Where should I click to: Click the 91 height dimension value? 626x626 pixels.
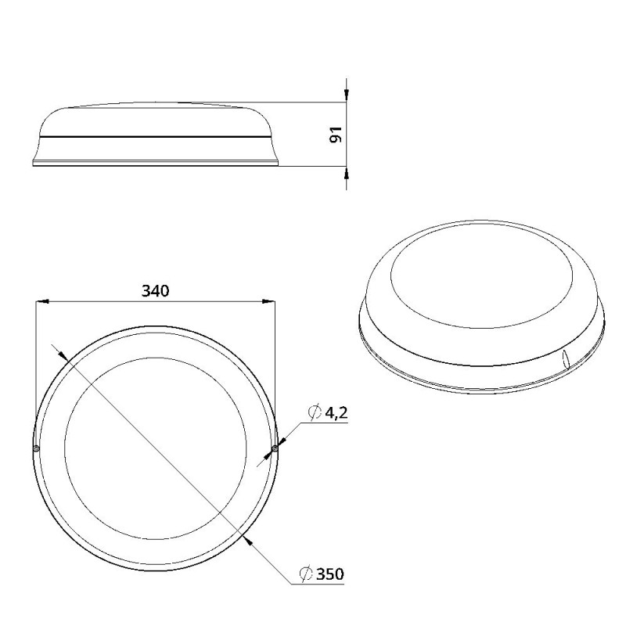click(x=336, y=134)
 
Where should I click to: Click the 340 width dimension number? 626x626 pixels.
click(x=155, y=291)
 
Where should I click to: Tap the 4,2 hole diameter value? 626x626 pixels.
click(x=336, y=414)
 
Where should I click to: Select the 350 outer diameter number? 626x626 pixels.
click(x=329, y=574)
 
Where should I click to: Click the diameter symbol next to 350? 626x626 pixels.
click(x=306, y=574)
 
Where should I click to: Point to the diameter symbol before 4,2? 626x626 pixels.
click(x=315, y=412)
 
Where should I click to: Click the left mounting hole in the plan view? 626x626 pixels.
click(x=36, y=448)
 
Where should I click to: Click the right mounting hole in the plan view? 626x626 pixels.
click(x=275, y=448)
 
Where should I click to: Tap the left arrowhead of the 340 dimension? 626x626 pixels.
click(x=42, y=301)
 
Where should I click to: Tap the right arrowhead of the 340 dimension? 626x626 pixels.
click(x=268, y=301)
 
